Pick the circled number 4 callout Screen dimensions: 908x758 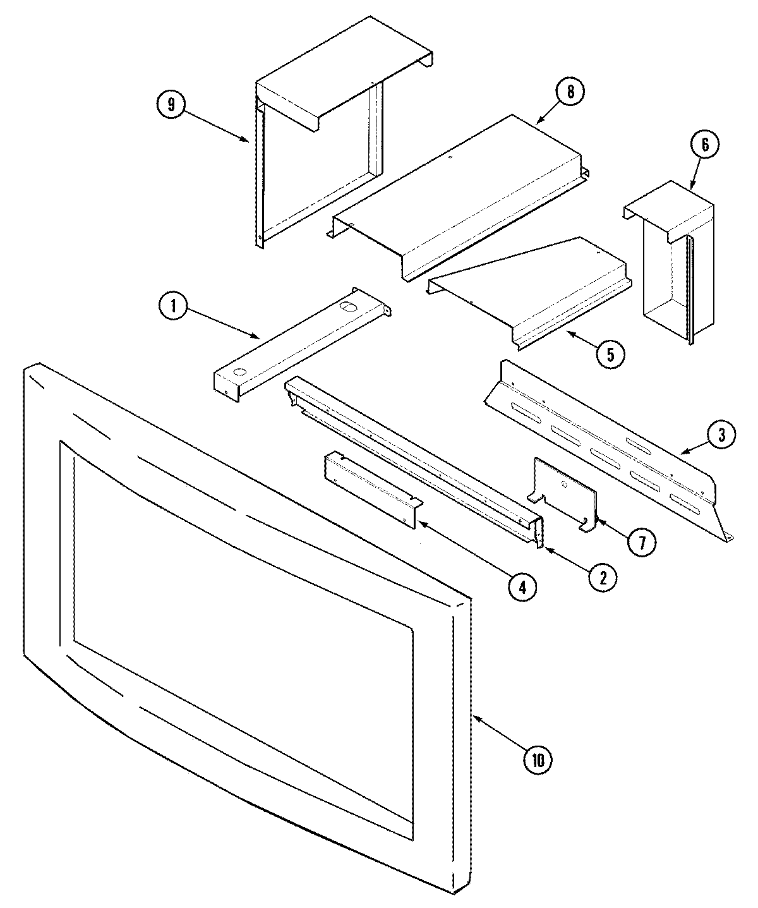(x=522, y=587)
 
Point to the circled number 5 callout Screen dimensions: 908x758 (x=610, y=354)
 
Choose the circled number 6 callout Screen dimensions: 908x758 (x=704, y=145)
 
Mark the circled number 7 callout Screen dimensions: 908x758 (x=642, y=542)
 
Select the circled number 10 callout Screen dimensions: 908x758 (x=537, y=760)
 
